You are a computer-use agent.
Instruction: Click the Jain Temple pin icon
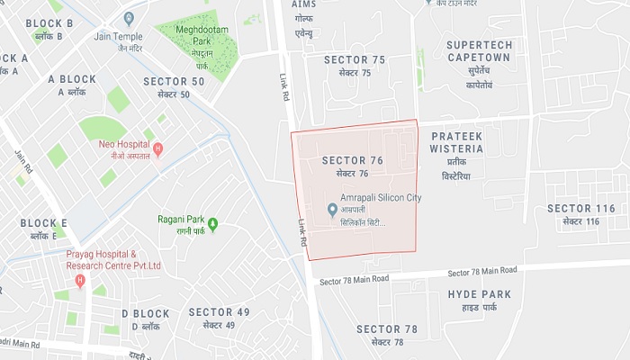coord(129,18)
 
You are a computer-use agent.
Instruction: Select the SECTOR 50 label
coord(174,87)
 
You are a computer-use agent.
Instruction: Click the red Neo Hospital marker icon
coord(158,149)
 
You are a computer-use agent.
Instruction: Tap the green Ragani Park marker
coord(212,223)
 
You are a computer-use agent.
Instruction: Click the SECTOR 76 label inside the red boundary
coord(353,166)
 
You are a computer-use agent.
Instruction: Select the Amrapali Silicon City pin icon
coord(332,210)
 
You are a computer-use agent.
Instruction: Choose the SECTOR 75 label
coord(355,65)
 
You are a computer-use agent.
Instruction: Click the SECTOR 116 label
coord(581,214)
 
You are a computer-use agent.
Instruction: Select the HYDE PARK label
coord(480,300)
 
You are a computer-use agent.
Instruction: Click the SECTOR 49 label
coord(219,317)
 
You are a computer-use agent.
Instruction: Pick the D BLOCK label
coord(146,319)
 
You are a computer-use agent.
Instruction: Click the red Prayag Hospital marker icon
coord(80,282)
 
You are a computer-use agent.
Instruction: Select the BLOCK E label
coord(44,229)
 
